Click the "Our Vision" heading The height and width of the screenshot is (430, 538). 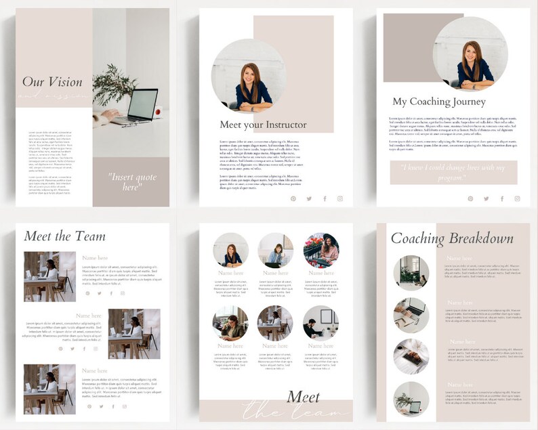tap(52, 82)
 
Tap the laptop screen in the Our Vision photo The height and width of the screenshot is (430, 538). tap(143, 104)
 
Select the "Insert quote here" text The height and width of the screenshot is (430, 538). tap(131, 181)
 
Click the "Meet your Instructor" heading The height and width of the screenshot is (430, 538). tap(263, 125)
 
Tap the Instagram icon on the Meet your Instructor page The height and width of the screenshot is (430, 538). tap(340, 198)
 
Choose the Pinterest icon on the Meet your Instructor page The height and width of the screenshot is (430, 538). tap(293, 198)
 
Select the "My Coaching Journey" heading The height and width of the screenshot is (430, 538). tap(439, 102)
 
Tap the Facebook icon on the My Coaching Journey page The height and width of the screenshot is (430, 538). tap(501, 198)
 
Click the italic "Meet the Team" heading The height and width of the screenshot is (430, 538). tap(65, 236)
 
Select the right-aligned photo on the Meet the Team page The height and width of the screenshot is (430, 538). tap(134, 333)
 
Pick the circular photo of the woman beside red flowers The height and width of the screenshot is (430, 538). tap(320, 251)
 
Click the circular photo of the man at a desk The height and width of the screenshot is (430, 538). tap(320, 322)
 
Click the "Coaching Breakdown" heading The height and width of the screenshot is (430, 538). tap(452, 238)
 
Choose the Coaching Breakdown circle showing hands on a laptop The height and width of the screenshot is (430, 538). tap(411, 315)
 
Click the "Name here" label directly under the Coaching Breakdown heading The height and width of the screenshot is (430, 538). tap(460, 259)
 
